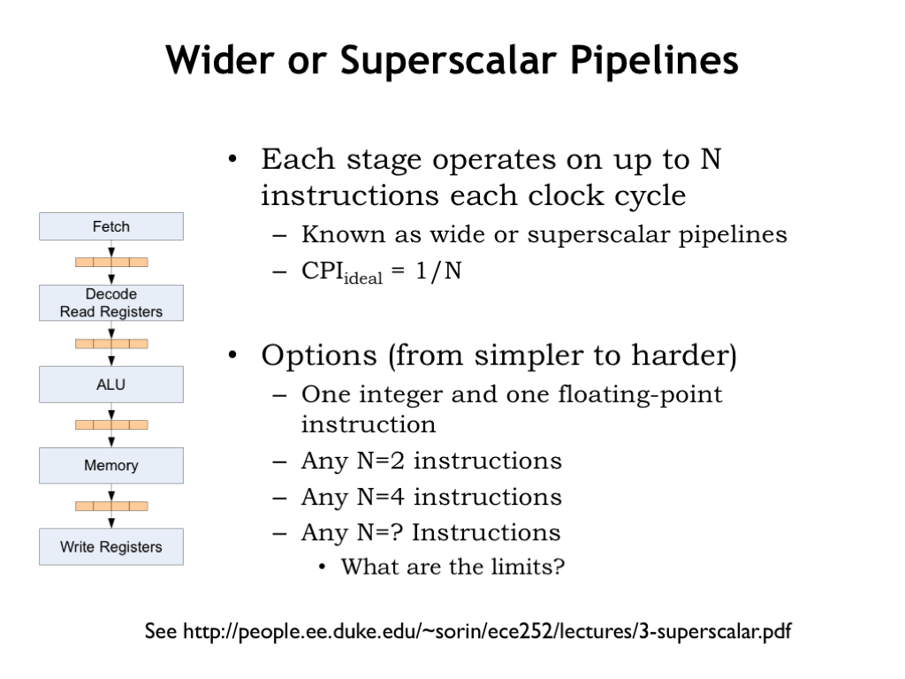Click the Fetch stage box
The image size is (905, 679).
pos(111,226)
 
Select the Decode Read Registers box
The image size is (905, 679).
pos(111,302)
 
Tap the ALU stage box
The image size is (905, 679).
pos(111,384)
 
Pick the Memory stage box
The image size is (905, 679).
pos(111,465)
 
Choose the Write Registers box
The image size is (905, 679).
pos(111,546)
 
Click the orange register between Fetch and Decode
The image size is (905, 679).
pos(111,262)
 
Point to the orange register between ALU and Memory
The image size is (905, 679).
pos(111,425)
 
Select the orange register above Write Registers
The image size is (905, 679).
pos(111,507)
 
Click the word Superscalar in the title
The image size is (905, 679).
pos(449,61)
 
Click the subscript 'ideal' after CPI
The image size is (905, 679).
pos(363,278)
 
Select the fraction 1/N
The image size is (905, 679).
pos(438,271)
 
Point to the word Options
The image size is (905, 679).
pos(318,355)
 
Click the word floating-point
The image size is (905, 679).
pos(640,395)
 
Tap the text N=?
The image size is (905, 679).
pos(380,532)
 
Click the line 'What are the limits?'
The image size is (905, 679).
pos(452,567)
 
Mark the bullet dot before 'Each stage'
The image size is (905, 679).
pos(232,159)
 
